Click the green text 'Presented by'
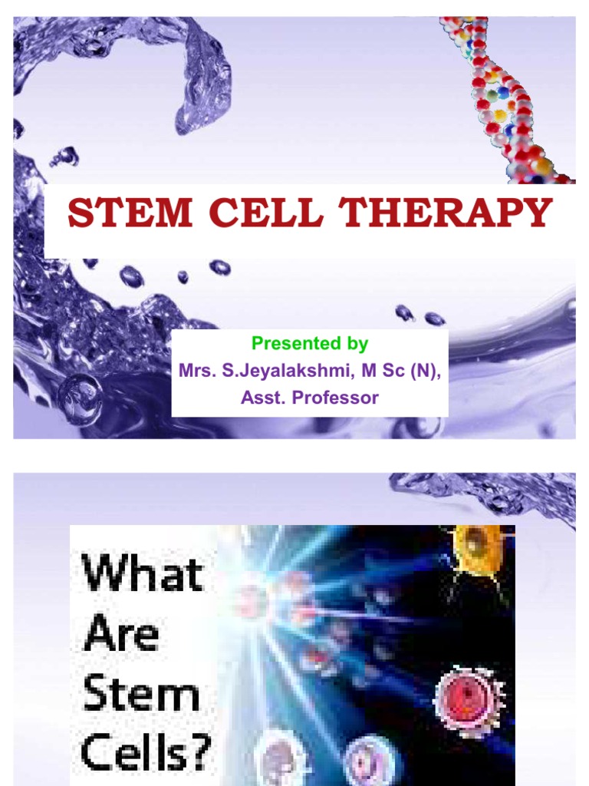(x=310, y=343)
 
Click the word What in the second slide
(x=143, y=574)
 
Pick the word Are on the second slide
(x=112, y=635)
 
